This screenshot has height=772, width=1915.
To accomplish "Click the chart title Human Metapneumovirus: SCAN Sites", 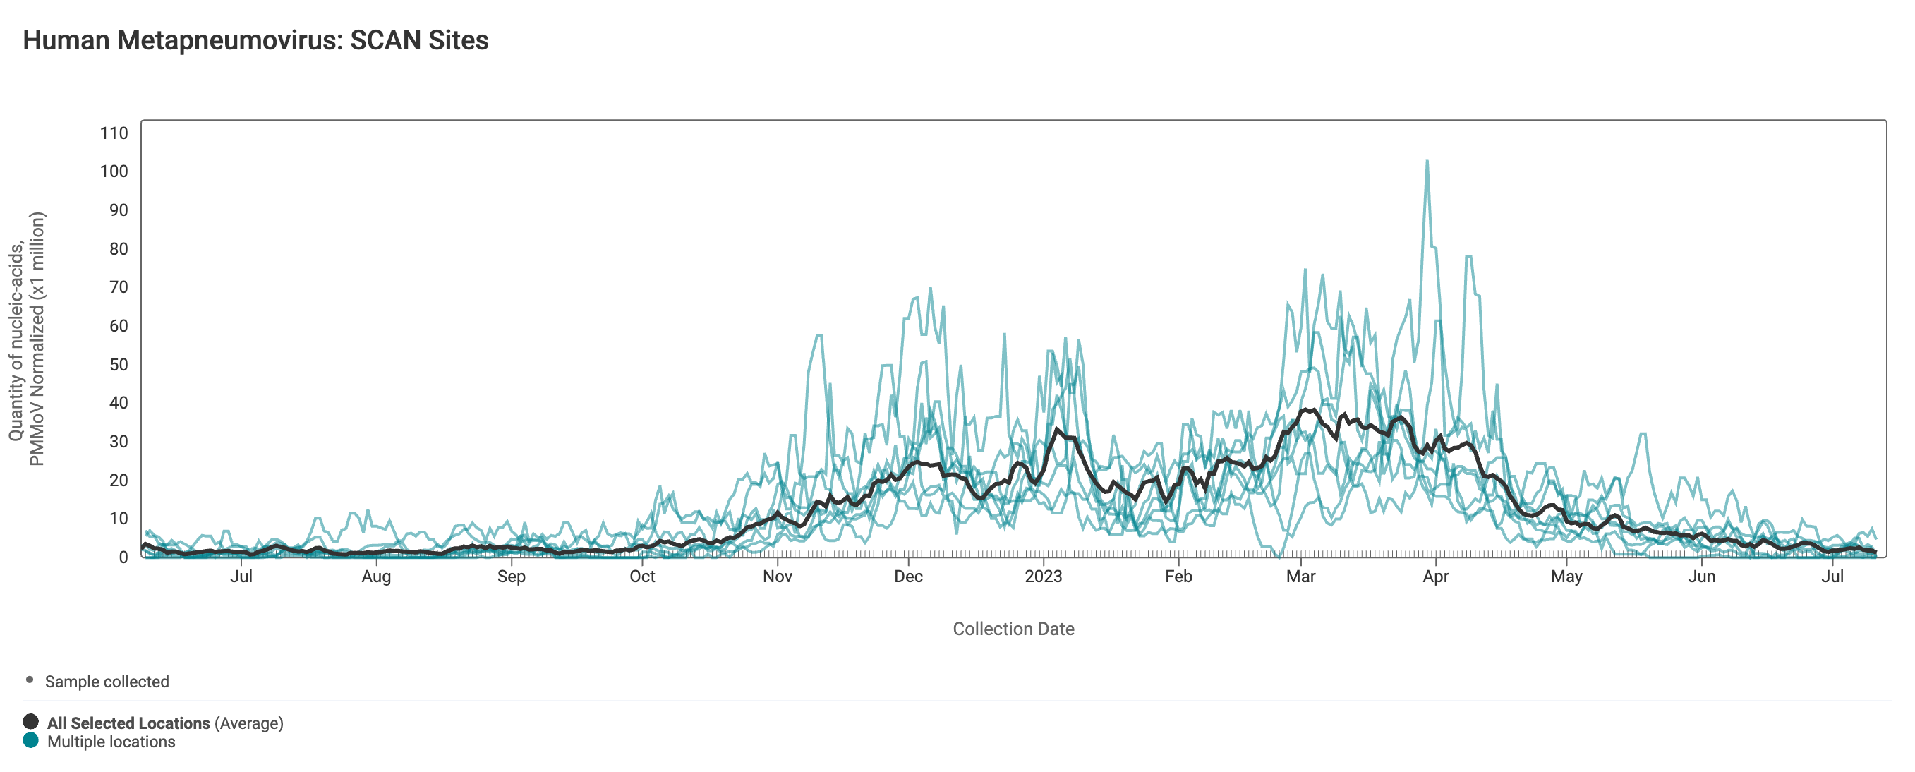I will pyautogui.click(x=255, y=40).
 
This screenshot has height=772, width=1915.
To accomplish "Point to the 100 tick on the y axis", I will pyautogui.click(x=114, y=171).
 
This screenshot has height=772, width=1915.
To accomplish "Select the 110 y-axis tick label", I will pyautogui.click(x=114, y=133).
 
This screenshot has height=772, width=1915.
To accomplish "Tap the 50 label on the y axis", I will pyautogui.click(x=119, y=364).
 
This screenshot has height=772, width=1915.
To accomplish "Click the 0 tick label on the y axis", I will pyautogui.click(x=123, y=557).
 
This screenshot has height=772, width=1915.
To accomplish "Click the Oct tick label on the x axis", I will pyautogui.click(x=641, y=577).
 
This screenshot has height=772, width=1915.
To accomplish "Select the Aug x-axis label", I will pyautogui.click(x=375, y=577).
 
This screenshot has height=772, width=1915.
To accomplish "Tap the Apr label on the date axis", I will pyautogui.click(x=1434, y=577).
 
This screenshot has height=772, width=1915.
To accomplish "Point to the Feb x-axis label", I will pyautogui.click(x=1178, y=577).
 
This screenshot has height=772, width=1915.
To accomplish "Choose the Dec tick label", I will pyautogui.click(x=907, y=577).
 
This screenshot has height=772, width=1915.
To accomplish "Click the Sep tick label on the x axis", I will pyautogui.click(x=511, y=577).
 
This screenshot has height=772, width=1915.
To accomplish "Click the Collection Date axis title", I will pyautogui.click(x=1013, y=629).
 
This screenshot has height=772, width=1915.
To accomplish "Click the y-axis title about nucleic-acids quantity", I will pyautogui.click(x=27, y=339).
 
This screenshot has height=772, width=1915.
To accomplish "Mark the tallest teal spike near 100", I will pyautogui.click(x=1426, y=163).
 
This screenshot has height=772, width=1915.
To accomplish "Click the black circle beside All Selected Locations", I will pyautogui.click(x=30, y=721).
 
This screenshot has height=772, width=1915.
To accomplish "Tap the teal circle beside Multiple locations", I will pyautogui.click(x=30, y=740).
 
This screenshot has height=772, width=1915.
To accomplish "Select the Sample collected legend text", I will pyautogui.click(x=107, y=681).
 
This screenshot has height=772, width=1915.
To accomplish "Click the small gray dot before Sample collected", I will pyautogui.click(x=30, y=680).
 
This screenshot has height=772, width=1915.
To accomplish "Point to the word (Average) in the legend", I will pyautogui.click(x=249, y=723).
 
